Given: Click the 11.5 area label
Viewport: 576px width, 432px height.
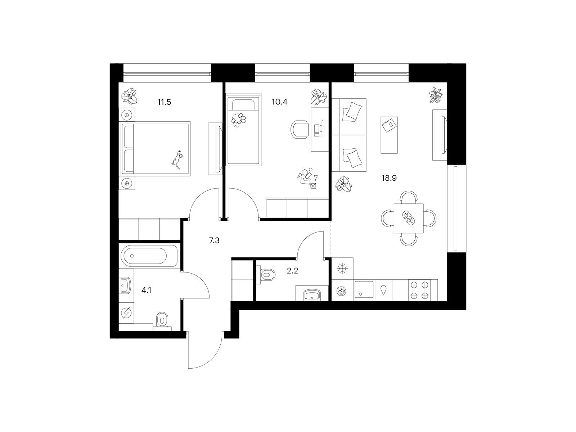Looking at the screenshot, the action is (164, 102).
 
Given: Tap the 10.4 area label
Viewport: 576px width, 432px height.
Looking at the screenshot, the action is (279, 102).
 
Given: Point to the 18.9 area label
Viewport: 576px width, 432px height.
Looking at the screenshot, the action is (389, 178).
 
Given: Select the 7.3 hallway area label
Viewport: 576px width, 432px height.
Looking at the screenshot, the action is (214, 240).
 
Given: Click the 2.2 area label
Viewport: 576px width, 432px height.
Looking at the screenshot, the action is (292, 271).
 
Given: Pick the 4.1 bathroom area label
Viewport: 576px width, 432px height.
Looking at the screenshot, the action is (146, 290).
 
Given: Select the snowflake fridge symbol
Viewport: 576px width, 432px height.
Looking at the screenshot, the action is (342, 269).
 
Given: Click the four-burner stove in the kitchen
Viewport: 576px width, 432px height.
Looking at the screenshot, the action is (419, 290).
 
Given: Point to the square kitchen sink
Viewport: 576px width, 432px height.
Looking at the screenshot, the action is (364, 289).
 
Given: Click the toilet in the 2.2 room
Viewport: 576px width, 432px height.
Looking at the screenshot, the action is (266, 275).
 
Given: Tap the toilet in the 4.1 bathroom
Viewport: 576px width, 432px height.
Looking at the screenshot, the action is (162, 320).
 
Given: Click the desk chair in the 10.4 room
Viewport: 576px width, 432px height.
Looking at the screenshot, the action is (300, 130).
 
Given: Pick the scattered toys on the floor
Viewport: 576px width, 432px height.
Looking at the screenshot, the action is (307, 178).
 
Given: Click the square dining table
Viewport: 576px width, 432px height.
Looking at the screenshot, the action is (409, 218).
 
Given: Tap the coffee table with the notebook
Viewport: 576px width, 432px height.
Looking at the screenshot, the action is (389, 135).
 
